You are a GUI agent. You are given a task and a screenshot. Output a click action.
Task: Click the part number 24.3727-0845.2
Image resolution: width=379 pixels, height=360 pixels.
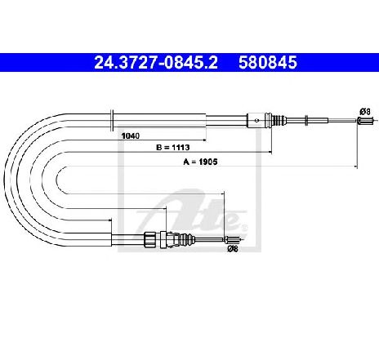coord(156,62)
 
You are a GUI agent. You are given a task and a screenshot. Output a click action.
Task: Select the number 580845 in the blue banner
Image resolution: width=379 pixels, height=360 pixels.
coord(268,62)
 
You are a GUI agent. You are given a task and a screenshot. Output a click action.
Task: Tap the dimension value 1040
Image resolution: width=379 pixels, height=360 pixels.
coord(131,136)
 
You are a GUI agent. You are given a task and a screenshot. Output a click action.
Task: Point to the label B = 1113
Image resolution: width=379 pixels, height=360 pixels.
coord(172,148)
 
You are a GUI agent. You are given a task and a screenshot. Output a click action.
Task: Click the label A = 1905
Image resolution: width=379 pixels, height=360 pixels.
coord(200,162)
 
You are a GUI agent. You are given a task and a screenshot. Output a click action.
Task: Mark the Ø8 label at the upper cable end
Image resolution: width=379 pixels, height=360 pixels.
coord(365,111)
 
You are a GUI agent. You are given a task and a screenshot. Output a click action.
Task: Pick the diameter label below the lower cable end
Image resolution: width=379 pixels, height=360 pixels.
coord(233,248)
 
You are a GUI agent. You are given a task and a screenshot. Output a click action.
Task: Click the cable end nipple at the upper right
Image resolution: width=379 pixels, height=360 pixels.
coord(364,120)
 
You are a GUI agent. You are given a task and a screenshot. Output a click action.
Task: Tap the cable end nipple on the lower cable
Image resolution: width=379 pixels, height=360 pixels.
coord(232,240)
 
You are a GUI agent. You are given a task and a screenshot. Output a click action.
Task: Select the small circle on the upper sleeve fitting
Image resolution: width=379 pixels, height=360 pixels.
coord(256,120)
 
